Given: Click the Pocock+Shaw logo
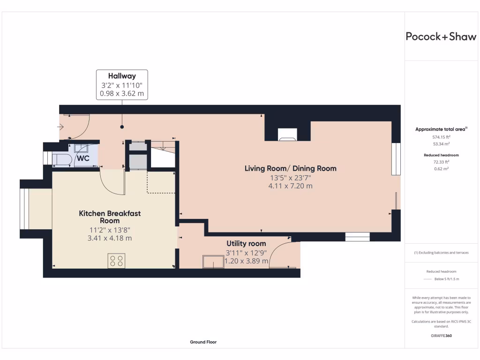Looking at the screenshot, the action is pos(441,37).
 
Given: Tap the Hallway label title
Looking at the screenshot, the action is pos(122,76).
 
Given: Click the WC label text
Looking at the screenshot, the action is pos(83,158).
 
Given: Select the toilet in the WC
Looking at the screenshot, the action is pos(62,160).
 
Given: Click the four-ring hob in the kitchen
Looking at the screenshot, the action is pos(116,261).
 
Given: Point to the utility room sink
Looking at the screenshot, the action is pos(213,262).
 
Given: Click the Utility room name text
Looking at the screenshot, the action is pos(246,243).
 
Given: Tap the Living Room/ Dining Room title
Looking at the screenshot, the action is pos(291,168).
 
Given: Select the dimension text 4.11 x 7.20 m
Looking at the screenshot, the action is pos(291,186).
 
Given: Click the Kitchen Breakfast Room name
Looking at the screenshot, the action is pos(110,217).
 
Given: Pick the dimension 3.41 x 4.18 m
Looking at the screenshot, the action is pos(110,238).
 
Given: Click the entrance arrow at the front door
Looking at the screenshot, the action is pos(60,127).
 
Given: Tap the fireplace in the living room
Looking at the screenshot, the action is pos(287,135).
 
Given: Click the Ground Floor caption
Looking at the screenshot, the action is pos(203,342).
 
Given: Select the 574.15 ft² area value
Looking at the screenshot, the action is pos(441,137).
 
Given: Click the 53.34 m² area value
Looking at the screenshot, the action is pos(441,144).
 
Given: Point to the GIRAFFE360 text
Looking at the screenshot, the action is pos(441,336).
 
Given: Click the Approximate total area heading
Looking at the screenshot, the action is pos(441,129).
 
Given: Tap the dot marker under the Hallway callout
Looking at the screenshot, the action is pos(122,127).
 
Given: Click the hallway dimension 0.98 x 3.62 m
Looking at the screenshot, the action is pos(122,93).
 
